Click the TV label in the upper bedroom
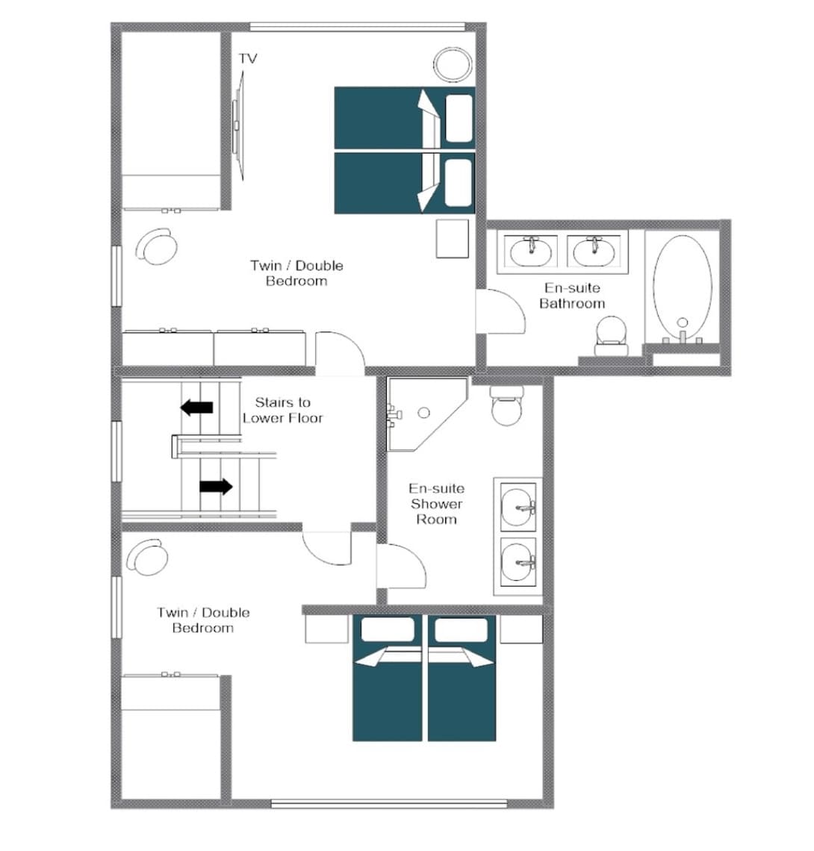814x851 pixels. (x=248, y=58)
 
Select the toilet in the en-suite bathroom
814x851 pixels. (x=612, y=336)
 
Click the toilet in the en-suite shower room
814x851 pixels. (x=506, y=405)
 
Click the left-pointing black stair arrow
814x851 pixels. (x=196, y=407)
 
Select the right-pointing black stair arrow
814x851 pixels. (x=216, y=486)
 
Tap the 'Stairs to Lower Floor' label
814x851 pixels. (x=282, y=411)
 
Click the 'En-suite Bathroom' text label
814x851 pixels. (x=572, y=296)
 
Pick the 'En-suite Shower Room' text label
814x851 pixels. (x=436, y=504)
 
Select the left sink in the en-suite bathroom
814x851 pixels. (x=531, y=252)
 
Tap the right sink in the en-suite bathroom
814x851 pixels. (x=594, y=252)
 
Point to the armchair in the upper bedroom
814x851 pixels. (x=156, y=246)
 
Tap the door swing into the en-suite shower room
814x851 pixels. (x=402, y=566)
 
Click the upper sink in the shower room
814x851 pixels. (x=518, y=508)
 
